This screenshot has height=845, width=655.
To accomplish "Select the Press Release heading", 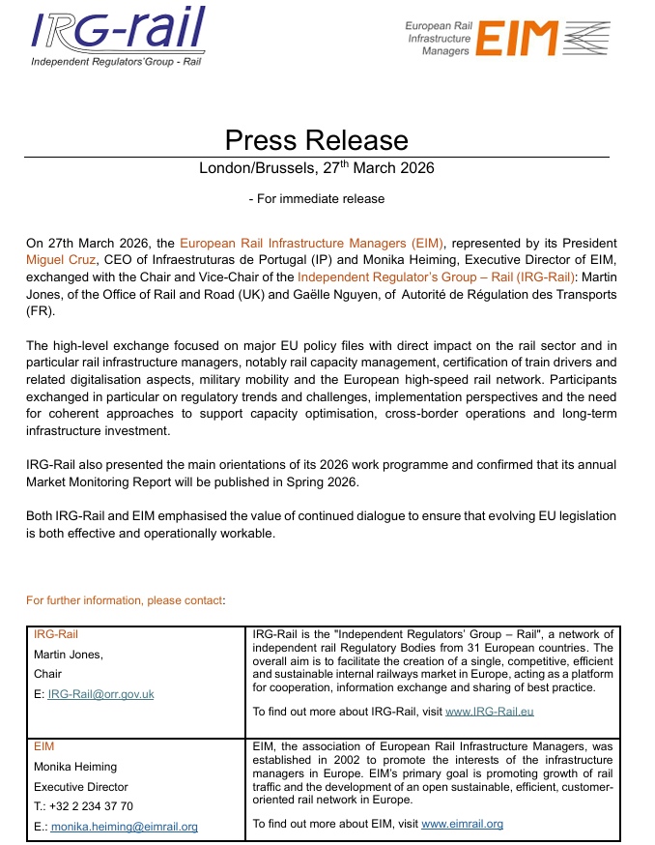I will pyautogui.click(x=316, y=140).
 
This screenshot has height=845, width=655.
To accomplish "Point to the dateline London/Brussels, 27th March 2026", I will pyautogui.click(x=316, y=167).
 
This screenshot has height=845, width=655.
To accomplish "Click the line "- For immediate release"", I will pyautogui.click(x=316, y=199).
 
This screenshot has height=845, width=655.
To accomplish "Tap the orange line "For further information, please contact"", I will pyautogui.click(x=125, y=600).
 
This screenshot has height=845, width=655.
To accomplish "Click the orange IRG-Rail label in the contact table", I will pyautogui.click(x=56, y=635).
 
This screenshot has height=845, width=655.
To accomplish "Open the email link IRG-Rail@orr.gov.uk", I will pyautogui.click(x=100, y=694).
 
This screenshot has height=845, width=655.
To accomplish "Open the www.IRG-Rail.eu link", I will pyautogui.click(x=490, y=712).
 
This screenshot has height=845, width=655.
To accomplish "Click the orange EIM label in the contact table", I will pyautogui.click(x=44, y=747).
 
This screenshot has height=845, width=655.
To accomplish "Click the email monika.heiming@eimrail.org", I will pyautogui.click(x=124, y=827).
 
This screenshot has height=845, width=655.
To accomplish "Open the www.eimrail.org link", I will pyautogui.click(x=462, y=825).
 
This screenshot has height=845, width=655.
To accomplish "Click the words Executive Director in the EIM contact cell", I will pyautogui.click(x=81, y=787).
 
